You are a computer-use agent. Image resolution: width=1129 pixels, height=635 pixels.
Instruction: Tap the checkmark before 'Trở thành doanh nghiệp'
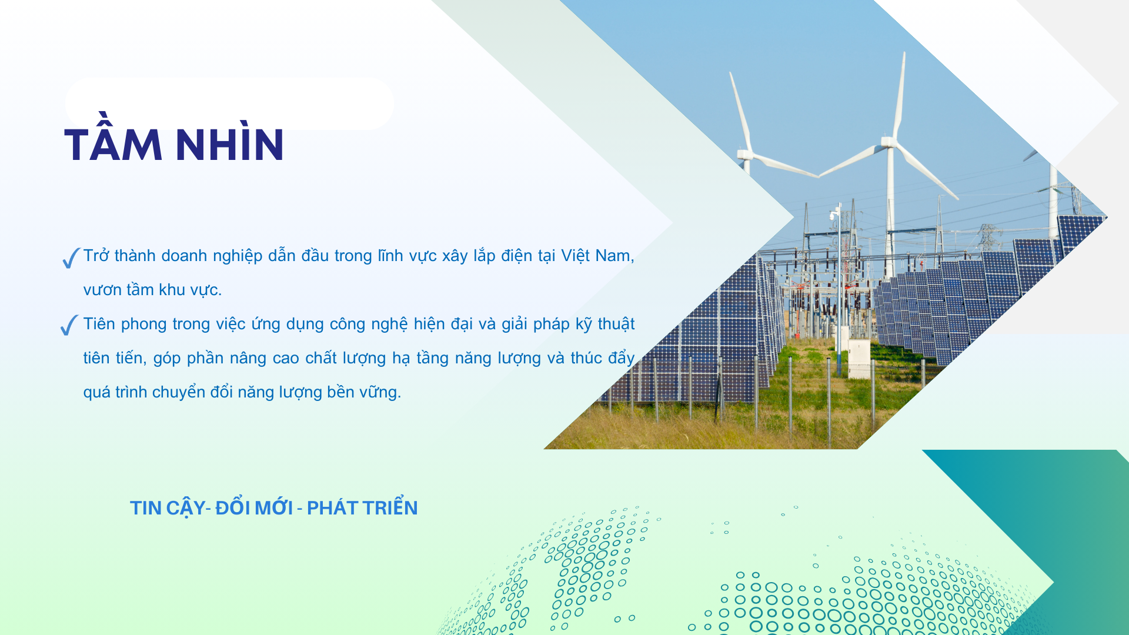(71, 258)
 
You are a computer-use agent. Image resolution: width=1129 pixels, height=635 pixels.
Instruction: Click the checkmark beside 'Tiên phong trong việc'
(69, 325)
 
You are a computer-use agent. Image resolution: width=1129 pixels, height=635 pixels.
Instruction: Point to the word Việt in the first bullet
(574, 256)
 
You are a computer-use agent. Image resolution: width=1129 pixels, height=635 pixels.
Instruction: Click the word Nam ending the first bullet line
(613, 256)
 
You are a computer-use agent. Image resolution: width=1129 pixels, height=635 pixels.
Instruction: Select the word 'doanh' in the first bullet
(184, 256)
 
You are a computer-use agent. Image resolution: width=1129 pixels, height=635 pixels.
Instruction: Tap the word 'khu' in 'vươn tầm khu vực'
(172, 290)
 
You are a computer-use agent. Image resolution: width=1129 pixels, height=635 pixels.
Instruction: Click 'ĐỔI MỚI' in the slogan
(254, 507)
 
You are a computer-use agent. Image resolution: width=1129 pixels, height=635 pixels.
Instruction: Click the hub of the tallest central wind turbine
(887, 142)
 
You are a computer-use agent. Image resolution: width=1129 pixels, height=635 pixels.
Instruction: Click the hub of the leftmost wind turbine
(745, 155)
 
